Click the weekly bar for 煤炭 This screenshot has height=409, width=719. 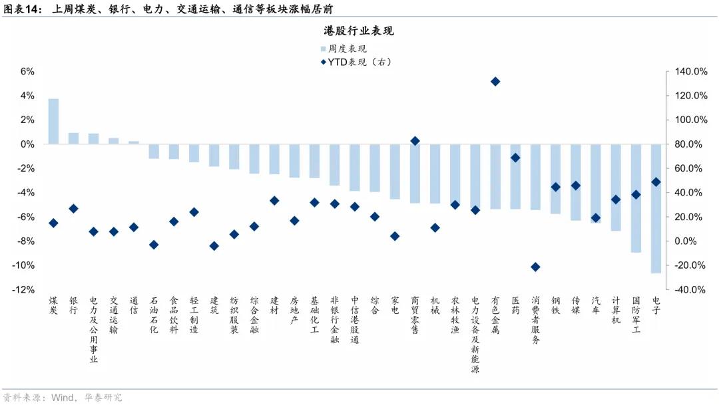(53, 121)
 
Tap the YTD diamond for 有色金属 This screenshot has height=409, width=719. (495, 81)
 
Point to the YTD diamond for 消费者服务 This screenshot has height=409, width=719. (535, 267)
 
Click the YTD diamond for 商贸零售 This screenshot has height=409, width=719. (415, 141)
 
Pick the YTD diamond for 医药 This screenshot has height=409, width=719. (515, 158)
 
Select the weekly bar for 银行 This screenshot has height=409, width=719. (73, 138)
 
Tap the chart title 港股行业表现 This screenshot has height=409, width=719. (359, 31)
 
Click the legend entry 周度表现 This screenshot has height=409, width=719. (347, 49)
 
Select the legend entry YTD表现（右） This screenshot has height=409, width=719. (359, 62)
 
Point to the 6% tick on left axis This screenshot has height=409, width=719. (27, 72)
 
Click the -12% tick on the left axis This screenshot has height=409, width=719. (25, 290)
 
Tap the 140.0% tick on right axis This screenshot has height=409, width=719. (691, 72)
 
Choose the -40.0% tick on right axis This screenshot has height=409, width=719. (691, 290)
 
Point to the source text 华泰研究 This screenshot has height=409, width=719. (103, 397)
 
